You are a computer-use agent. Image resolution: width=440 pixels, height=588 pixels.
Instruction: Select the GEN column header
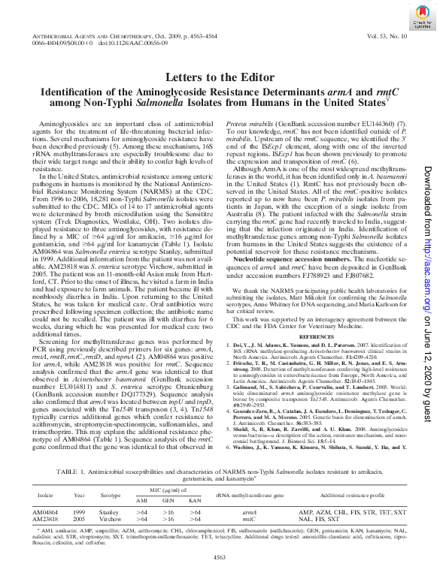(x=168, y=500)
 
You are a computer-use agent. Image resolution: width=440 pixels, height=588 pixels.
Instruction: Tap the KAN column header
(x=195, y=500)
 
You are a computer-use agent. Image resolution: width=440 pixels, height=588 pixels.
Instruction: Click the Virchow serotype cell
(x=111, y=519)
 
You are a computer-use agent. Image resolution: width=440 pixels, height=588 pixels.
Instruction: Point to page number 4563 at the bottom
(x=220, y=577)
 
